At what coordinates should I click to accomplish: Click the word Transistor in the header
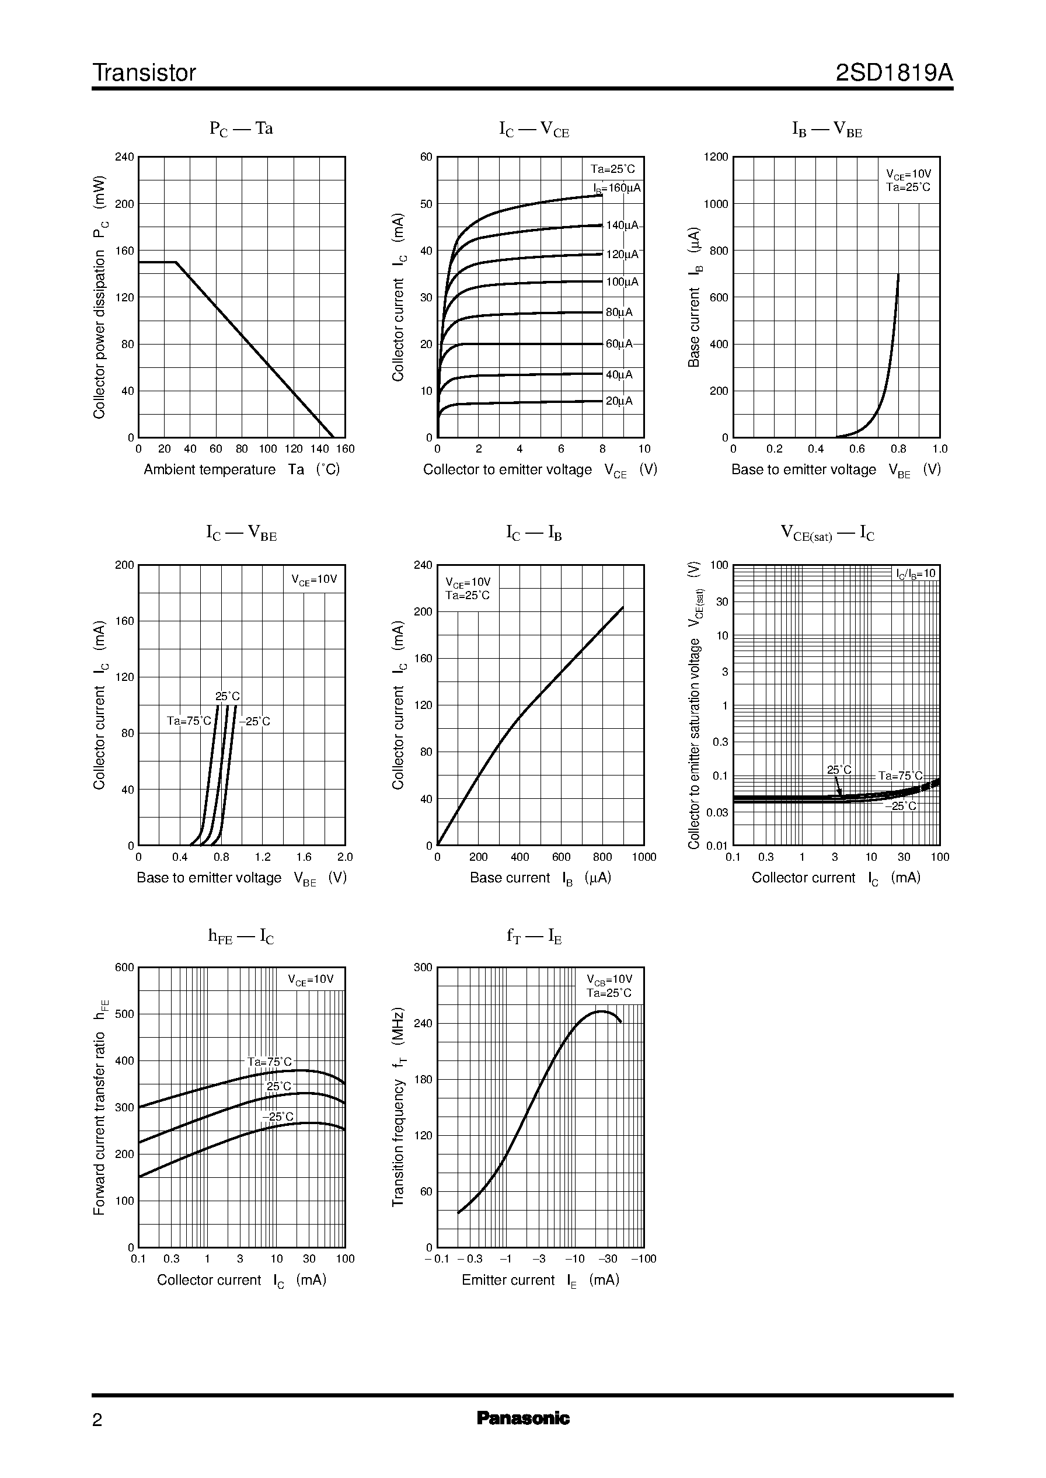point(144,73)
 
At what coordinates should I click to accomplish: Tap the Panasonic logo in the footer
point(522,1418)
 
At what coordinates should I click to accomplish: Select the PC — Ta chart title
point(241,129)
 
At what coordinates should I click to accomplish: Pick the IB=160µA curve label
point(617,188)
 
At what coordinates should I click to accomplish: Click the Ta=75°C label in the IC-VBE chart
point(189,721)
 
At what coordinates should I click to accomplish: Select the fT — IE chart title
point(534,937)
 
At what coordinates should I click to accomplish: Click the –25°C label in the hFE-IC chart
point(278,1117)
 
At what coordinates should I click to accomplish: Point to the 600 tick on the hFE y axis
point(124,967)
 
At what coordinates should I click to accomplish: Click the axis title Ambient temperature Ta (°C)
point(242,470)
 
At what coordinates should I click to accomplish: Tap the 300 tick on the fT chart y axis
point(423,967)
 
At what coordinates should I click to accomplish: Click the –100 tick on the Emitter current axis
point(643,1258)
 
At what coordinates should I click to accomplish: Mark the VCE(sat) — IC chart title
point(827,534)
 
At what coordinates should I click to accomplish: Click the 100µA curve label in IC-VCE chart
point(622,281)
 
